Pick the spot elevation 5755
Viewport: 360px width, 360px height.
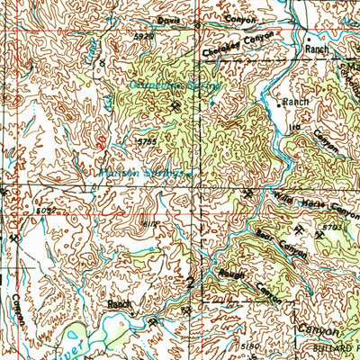tap(147, 140)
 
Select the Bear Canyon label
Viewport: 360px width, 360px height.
tap(281, 243)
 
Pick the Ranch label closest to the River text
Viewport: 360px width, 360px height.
tap(120, 305)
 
